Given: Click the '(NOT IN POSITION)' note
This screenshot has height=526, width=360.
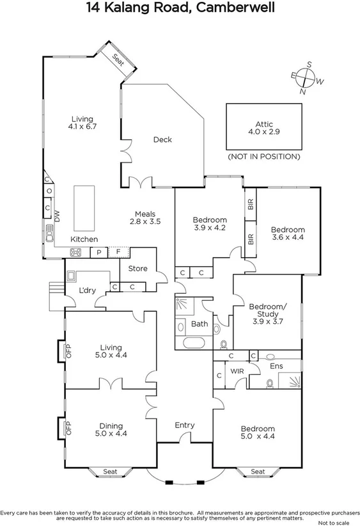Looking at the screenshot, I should [264, 156].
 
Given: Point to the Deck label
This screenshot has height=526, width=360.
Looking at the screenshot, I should [162, 139].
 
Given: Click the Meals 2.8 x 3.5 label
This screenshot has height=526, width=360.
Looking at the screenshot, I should [145, 218].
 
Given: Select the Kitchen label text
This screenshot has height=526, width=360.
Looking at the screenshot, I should [84, 239].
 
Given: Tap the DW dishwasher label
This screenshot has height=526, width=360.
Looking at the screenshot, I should [57, 216].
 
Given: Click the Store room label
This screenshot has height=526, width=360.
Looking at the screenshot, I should [137, 269].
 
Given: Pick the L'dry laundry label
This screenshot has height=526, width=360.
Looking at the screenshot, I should [87, 291].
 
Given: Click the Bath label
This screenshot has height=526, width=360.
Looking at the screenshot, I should [200, 324].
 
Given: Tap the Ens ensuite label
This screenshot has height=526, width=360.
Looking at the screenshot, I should [276, 367].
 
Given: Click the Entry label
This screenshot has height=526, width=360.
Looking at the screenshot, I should [185, 425].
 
